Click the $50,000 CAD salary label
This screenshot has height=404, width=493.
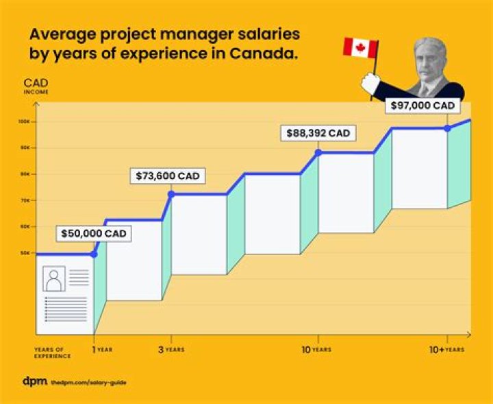(94, 233)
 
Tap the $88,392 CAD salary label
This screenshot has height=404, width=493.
(318, 134)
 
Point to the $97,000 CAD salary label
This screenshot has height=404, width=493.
(423, 106)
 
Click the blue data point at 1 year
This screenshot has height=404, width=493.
(94, 254)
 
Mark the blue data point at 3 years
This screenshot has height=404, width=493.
(171, 194)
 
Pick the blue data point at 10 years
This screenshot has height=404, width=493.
(318, 152)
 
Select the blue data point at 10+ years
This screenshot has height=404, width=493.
(447, 128)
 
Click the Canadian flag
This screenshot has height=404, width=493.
(360, 48)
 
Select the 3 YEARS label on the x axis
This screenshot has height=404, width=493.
(172, 350)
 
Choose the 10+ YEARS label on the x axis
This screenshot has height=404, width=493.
(447, 350)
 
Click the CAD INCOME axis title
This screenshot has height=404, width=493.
(36, 85)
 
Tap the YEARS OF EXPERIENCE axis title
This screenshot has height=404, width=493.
(52, 353)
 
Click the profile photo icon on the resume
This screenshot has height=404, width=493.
(53, 279)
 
